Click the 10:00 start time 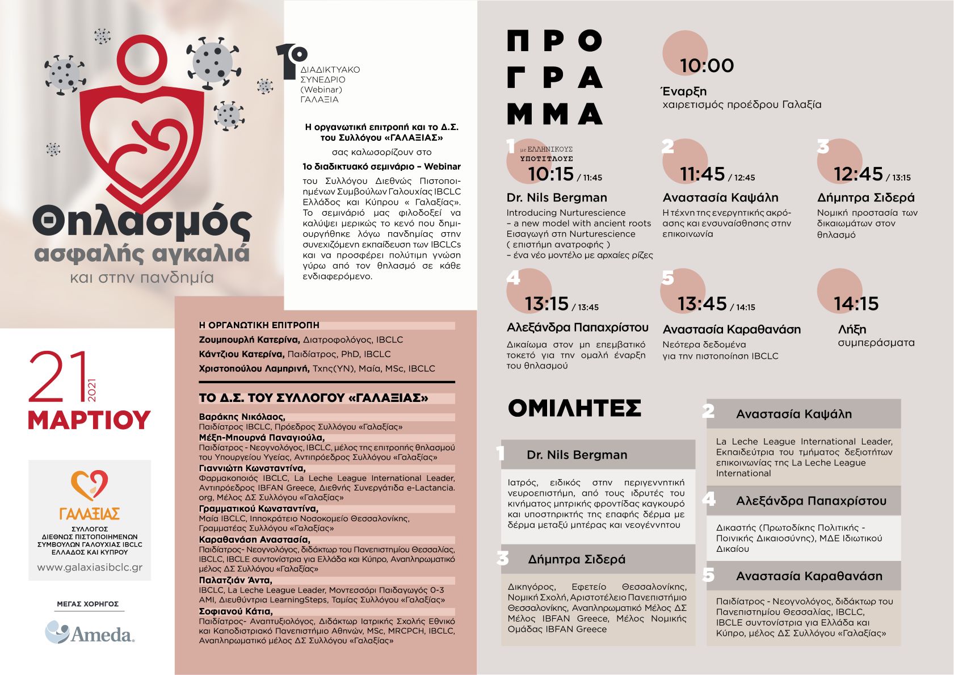click(707, 65)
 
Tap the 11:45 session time click(703, 174)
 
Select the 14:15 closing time click(856, 304)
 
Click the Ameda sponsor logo click(90, 632)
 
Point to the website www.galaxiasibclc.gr click(90, 567)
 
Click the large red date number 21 click(58, 378)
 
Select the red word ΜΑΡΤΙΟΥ click(89, 420)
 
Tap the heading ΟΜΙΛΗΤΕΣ click(574, 408)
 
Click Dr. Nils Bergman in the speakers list click(577, 455)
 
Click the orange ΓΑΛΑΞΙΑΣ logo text click(89, 514)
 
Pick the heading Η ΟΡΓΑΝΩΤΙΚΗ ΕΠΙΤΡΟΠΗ click(259, 325)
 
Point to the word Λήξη click(852, 329)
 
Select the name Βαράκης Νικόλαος click(241, 417)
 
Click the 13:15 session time click(547, 304)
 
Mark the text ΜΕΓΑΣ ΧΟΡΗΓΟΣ click(88, 604)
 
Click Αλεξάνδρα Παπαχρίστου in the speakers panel click(811, 501)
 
